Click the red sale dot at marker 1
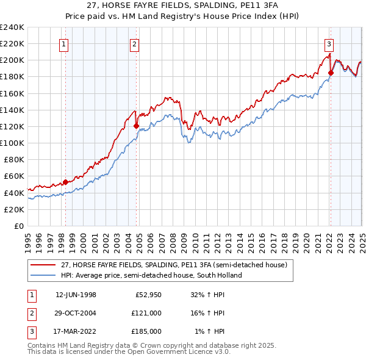click(65, 182)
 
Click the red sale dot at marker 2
click(136, 126)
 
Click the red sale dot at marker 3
click(331, 73)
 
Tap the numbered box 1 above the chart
click(64, 43)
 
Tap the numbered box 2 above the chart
click(134, 43)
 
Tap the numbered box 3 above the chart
click(329, 43)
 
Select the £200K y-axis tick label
click(12, 60)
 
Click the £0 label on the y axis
click(18, 226)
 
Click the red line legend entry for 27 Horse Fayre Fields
click(178, 265)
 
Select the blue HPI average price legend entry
click(151, 275)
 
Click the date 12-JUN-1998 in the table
click(76, 295)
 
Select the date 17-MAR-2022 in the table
click(76, 331)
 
